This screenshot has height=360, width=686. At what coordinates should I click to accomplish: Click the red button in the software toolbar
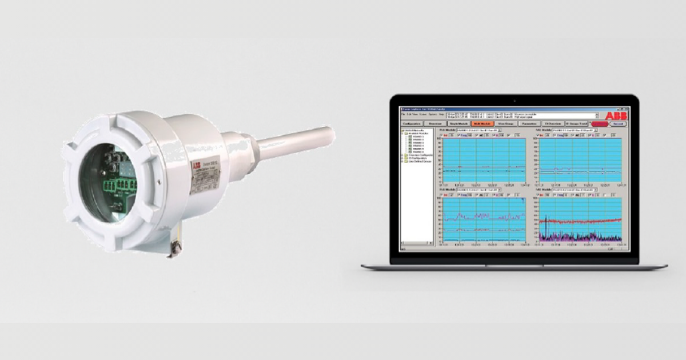click(x=600, y=123)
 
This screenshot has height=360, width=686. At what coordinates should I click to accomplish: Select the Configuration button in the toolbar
click(x=412, y=123)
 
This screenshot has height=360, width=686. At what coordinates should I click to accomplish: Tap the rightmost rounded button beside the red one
click(x=618, y=123)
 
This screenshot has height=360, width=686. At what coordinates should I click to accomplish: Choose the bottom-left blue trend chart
click(x=484, y=219)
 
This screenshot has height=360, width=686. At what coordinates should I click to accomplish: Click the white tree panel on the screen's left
click(x=417, y=189)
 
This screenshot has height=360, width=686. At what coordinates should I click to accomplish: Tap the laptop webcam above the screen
click(x=514, y=101)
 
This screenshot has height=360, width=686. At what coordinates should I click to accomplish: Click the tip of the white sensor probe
click(x=330, y=135)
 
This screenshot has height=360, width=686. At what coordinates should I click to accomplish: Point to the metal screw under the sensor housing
click(x=176, y=247)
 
